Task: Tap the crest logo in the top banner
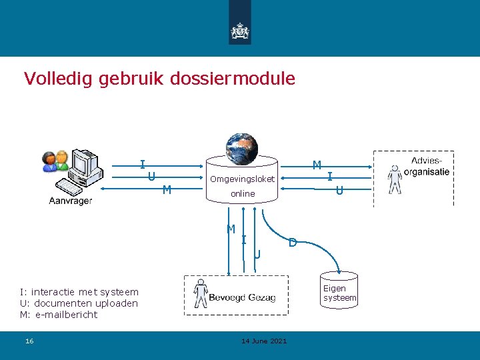(239, 31)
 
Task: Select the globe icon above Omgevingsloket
(241, 147)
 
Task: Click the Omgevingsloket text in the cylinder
(242, 179)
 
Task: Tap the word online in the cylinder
(243, 193)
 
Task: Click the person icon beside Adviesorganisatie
(395, 179)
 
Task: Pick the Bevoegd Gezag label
(242, 297)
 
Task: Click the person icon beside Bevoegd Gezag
(199, 294)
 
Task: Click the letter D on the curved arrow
(292, 243)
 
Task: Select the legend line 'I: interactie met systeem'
(79, 291)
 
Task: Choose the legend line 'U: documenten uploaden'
(79, 303)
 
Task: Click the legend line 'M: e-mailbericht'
(59, 315)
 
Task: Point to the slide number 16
(29, 341)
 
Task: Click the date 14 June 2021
(264, 341)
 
